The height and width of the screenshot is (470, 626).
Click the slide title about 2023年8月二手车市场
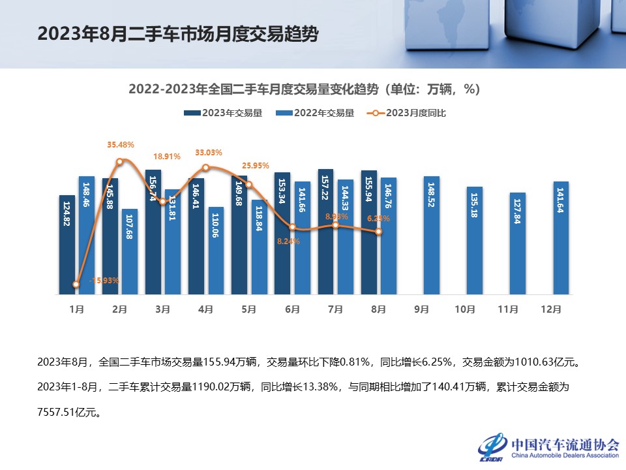(x=178, y=33)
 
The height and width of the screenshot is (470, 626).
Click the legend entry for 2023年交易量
(x=223, y=113)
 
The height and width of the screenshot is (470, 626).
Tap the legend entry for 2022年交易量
(x=316, y=113)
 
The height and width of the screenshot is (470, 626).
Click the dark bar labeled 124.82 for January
(x=67, y=245)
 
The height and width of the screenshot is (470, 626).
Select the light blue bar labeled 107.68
(x=130, y=251)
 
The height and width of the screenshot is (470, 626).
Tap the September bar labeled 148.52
(x=432, y=235)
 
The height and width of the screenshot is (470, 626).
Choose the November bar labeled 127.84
(x=518, y=243)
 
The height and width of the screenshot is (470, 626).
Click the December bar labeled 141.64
(x=561, y=238)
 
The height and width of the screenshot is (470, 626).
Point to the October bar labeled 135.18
(x=475, y=240)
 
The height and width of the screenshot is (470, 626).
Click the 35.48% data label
(x=120, y=145)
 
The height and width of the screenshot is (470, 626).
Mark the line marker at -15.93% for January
(x=76, y=285)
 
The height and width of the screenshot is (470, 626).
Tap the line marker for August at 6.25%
(x=378, y=232)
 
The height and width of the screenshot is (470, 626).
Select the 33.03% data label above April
(x=209, y=153)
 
